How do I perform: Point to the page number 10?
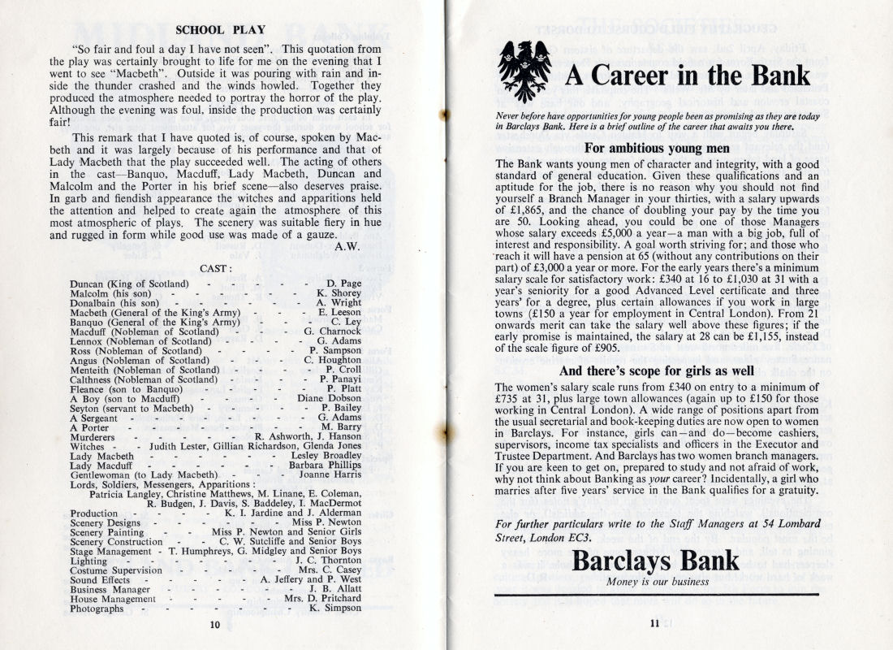point(214,625)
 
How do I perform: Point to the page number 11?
point(655,623)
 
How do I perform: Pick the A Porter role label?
point(91,427)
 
